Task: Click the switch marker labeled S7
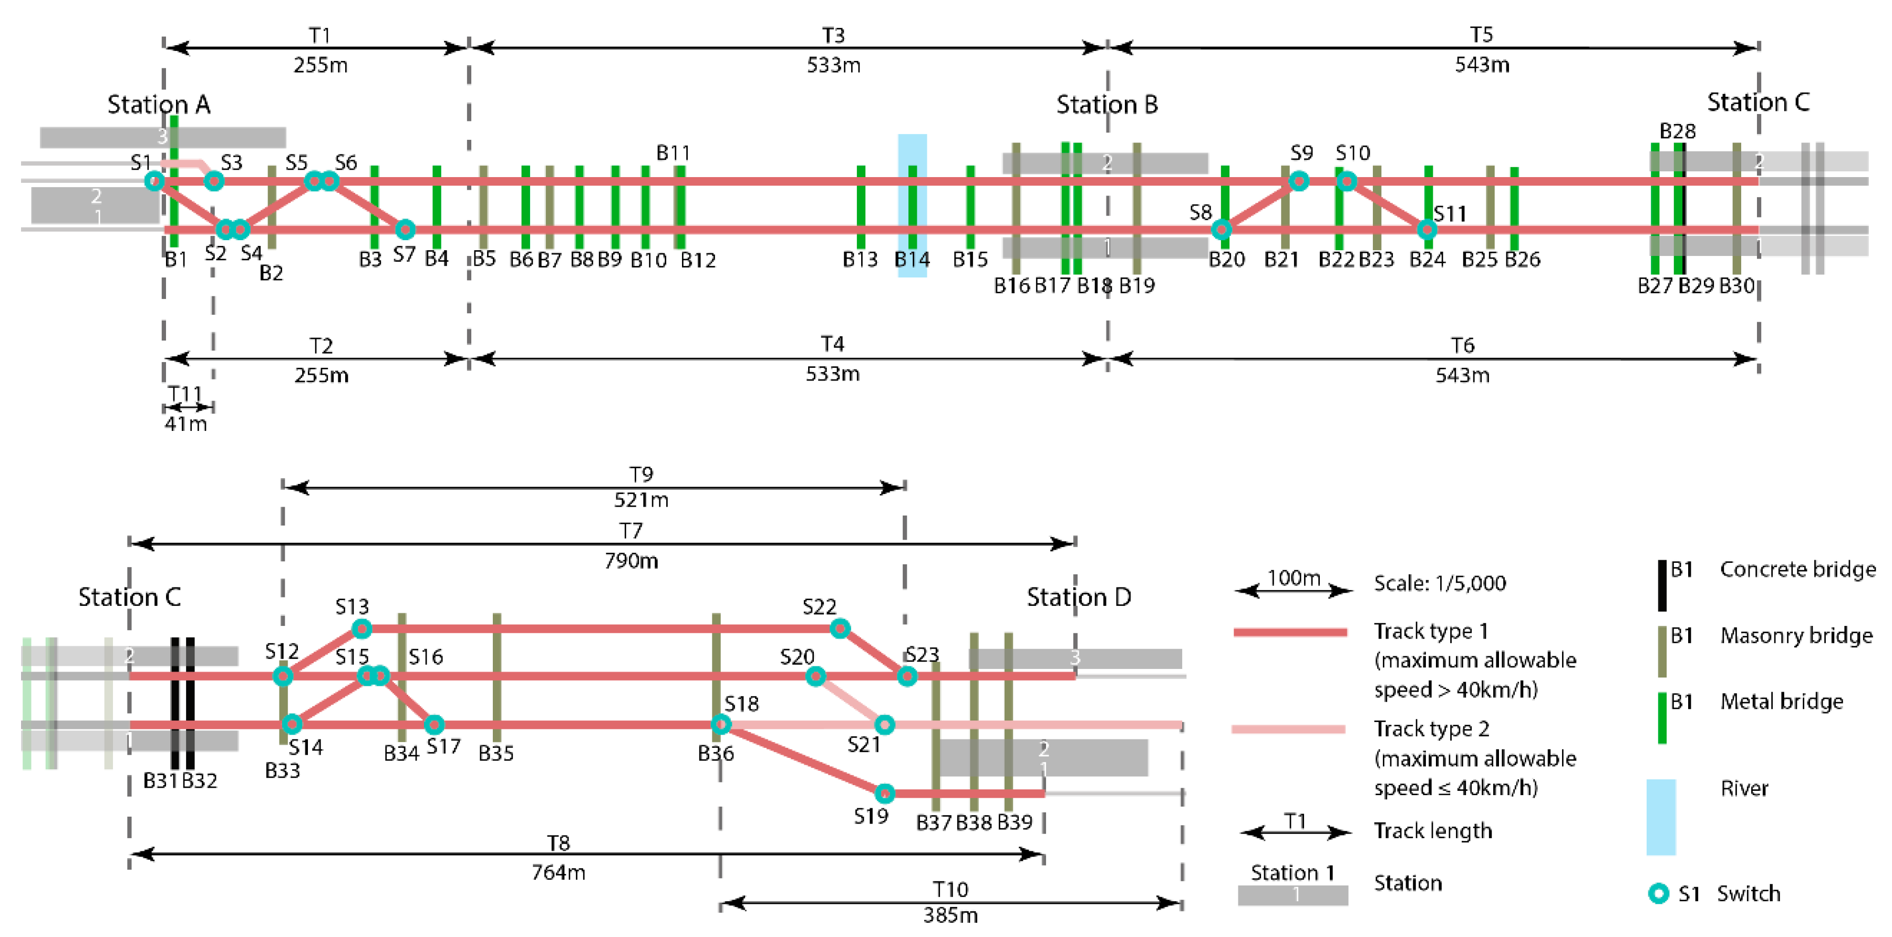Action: (x=405, y=229)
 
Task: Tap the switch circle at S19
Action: (x=884, y=793)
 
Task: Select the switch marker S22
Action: (x=840, y=629)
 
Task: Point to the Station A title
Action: (x=159, y=105)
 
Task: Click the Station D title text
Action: (x=1078, y=597)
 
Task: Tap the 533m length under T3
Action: (x=833, y=65)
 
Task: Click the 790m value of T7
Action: (x=631, y=561)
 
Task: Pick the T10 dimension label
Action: (x=950, y=889)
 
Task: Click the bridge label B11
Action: (x=673, y=153)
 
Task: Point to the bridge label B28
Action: (x=1678, y=131)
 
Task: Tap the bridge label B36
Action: (x=716, y=753)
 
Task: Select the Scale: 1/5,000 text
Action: (x=1440, y=583)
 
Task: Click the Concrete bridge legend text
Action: (x=1797, y=570)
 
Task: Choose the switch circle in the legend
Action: (x=1658, y=893)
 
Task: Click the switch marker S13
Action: (x=361, y=629)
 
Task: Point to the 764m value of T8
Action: (x=558, y=872)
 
